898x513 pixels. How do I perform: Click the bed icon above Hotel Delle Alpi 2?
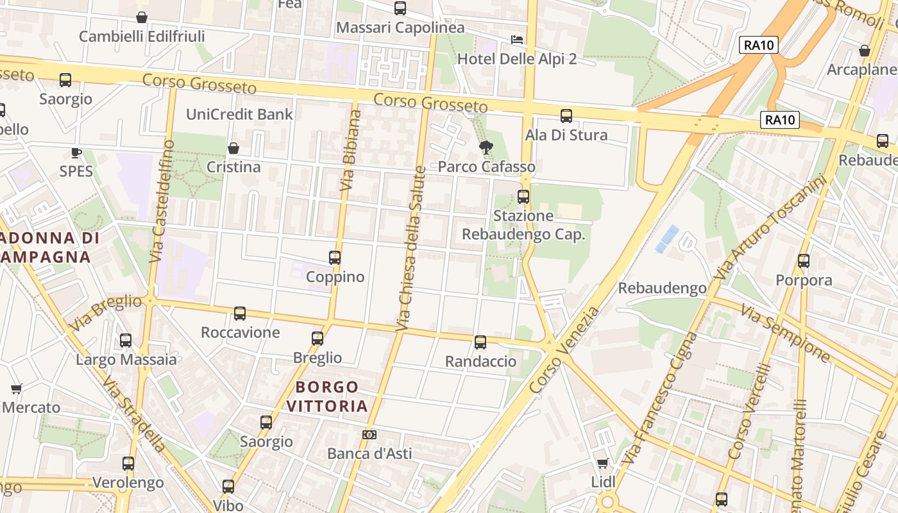[517, 40]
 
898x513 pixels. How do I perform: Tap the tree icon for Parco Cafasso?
[486, 147]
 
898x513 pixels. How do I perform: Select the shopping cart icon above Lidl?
[602, 463]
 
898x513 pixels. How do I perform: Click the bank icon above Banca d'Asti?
[369, 435]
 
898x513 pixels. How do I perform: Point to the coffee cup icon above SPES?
[76, 153]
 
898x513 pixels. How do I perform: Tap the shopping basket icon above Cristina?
[233, 148]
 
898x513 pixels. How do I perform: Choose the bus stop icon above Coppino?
[335, 258]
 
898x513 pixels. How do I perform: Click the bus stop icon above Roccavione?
[240, 314]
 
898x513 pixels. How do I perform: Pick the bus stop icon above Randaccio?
[480, 342]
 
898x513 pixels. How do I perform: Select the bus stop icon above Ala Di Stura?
[566, 116]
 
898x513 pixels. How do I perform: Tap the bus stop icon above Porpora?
[804, 261]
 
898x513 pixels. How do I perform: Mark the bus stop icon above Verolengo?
[128, 464]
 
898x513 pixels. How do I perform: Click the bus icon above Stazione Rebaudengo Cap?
[523, 197]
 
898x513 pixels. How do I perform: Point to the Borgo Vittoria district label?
[327, 396]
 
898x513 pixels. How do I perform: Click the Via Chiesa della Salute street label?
[412, 249]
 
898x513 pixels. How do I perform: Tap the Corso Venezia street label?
[565, 350]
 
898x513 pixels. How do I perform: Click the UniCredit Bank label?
[239, 114]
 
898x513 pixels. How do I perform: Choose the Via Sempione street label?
[786, 332]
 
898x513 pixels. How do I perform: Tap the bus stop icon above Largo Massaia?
[126, 341]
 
